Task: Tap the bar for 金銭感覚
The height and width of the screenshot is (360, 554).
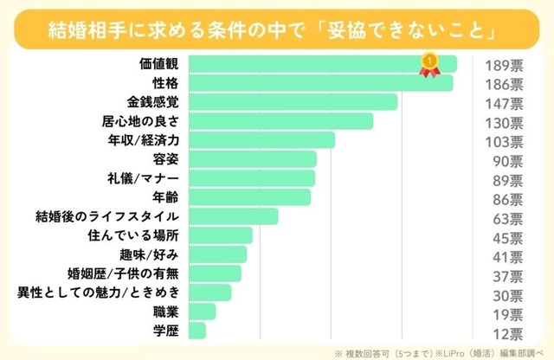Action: click(293, 102)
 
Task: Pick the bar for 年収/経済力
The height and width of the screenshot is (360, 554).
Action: click(261, 140)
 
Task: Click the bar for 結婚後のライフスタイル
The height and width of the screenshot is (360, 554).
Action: click(233, 215)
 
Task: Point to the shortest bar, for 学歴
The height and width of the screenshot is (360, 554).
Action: click(196, 330)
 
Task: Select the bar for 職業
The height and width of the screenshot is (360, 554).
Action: click(202, 311)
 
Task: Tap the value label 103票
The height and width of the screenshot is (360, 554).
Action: click(502, 141)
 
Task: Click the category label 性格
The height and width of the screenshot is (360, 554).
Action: click(164, 83)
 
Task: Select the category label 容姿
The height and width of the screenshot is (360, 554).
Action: click(164, 159)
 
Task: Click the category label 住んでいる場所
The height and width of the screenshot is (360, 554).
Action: click(133, 235)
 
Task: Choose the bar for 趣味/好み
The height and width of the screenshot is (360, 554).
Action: click(216, 254)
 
